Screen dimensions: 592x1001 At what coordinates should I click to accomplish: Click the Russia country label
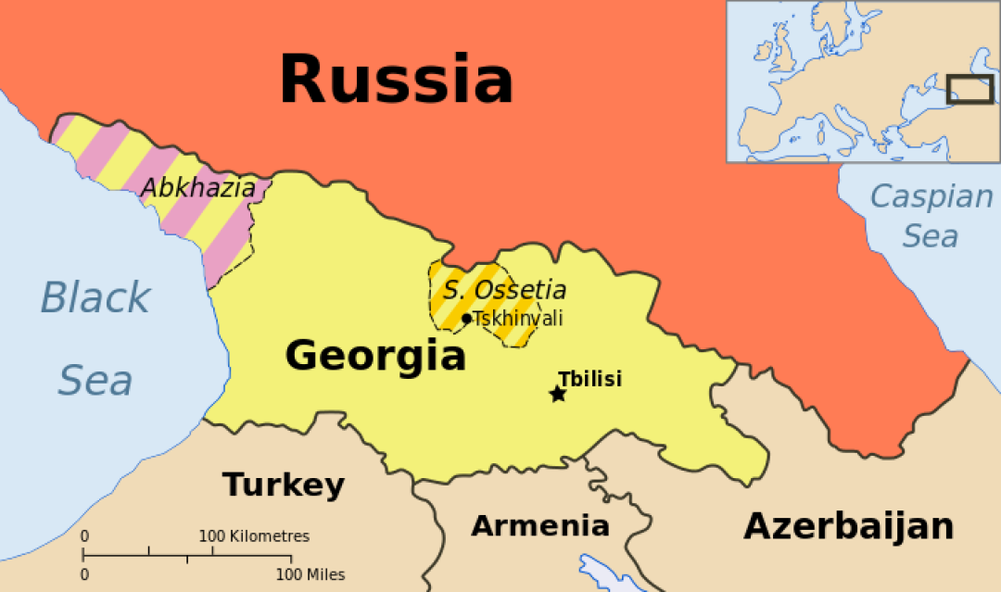(x=396, y=80)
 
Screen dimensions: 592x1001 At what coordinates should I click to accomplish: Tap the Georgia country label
(x=374, y=355)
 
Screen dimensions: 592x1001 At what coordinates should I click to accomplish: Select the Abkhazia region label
(x=197, y=188)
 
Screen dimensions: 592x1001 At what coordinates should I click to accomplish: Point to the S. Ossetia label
(x=504, y=290)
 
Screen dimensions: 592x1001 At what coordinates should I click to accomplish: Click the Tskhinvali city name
(x=518, y=319)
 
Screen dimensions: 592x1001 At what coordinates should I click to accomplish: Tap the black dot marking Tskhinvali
(x=466, y=319)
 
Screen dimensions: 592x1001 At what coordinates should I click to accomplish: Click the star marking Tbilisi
(x=557, y=395)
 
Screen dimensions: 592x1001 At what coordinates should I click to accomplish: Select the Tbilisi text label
(x=589, y=378)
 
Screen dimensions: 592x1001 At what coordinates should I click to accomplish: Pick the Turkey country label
(x=283, y=485)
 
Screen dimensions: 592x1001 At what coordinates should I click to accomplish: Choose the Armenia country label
(x=540, y=526)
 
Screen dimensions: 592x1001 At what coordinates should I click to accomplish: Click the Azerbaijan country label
(x=848, y=526)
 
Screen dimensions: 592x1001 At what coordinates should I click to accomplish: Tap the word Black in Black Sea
(x=95, y=298)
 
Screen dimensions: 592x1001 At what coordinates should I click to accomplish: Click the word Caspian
(x=931, y=196)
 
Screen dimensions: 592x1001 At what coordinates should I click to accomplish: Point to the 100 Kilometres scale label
(x=254, y=536)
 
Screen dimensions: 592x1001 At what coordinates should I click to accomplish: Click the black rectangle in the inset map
(x=969, y=90)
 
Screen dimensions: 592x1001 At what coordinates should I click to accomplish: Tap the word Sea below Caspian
(x=930, y=236)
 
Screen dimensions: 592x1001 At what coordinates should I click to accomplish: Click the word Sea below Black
(x=95, y=381)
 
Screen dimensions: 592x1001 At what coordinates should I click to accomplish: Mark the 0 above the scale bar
(x=84, y=536)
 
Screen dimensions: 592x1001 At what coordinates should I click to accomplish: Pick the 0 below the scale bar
(x=84, y=575)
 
